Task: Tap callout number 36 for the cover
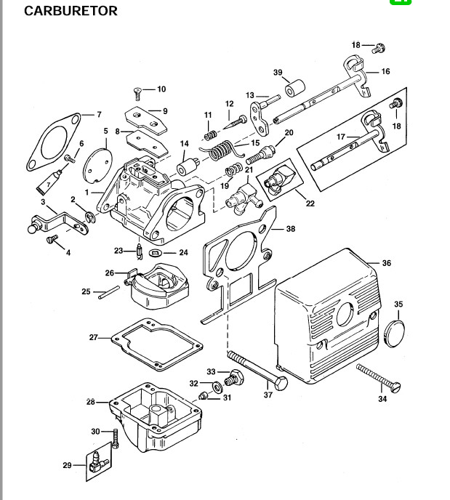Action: coord(386,263)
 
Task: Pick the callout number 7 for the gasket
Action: coord(99,114)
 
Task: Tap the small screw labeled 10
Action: coord(137,92)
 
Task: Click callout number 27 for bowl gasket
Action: coord(94,337)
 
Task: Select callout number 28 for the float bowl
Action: coord(91,402)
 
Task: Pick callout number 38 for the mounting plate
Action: coord(291,229)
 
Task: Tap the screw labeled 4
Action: coord(52,238)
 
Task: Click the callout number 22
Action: coord(310,203)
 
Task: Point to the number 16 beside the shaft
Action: coord(385,71)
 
